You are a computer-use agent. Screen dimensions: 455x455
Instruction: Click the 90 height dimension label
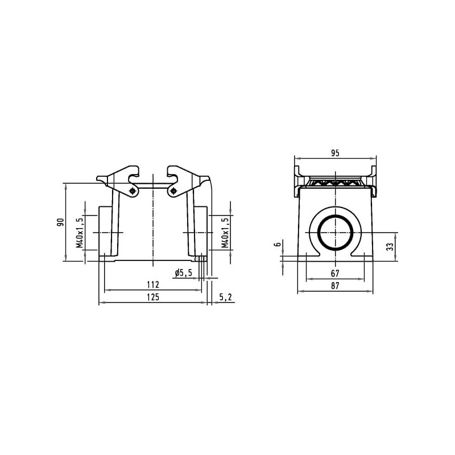60,222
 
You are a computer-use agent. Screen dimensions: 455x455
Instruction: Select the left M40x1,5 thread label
80,233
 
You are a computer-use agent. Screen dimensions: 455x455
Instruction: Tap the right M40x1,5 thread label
225,233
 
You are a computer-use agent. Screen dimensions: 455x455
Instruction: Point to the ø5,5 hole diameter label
183,273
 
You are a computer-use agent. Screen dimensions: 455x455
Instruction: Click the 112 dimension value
153,285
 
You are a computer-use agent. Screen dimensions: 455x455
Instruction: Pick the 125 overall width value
153,297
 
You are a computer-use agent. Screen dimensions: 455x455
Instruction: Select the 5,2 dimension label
225,297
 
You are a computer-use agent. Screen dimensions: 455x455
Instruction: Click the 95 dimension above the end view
335,153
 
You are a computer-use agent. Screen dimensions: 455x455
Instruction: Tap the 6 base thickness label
278,245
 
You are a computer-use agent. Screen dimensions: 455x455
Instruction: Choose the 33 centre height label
391,247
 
